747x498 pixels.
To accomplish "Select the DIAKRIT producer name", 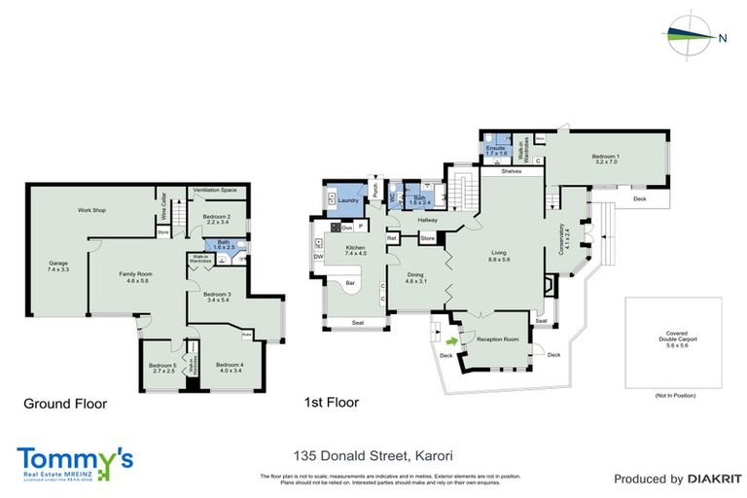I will tap(699, 479).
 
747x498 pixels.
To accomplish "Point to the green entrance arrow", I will tap(450, 340).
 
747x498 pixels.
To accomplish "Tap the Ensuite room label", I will tap(497, 149).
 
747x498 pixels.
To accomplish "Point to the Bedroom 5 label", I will tap(161, 368).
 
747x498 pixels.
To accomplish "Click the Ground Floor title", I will tap(65, 403).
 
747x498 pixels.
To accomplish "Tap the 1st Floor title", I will tap(332, 402).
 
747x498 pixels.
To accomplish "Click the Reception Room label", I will tap(497, 339).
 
